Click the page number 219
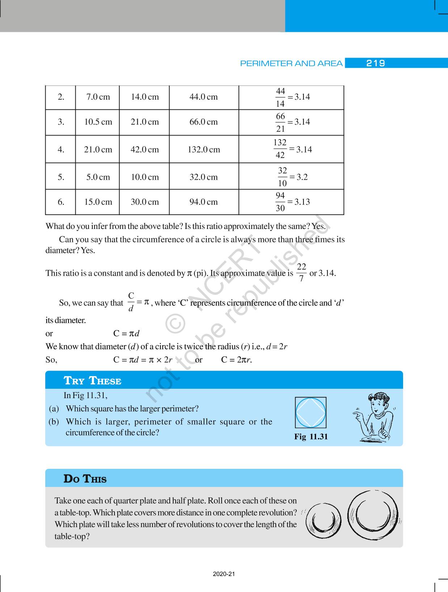click(375, 63)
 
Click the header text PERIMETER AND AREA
click(291, 64)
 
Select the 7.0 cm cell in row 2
click(98, 97)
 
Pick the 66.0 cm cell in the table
click(204, 122)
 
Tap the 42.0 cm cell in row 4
click(145, 150)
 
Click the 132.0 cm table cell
click(204, 150)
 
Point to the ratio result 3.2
click(302, 177)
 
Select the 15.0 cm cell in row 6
click(98, 202)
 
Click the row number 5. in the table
click(61, 177)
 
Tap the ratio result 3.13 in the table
click(302, 202)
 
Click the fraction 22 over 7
click(301, 273)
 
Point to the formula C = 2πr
click(236, 360)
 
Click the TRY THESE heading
click(92, 381)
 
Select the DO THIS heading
click(85, 479)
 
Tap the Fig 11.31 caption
click(311, 437)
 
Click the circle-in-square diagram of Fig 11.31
click(311, 413)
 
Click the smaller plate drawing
click(323, 521)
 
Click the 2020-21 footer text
click(224, 574)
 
